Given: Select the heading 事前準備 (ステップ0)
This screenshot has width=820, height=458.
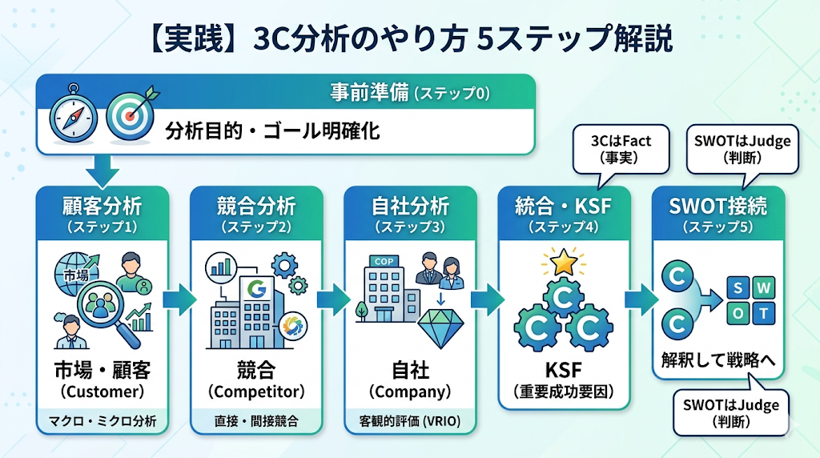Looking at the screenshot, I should pyautogui.click(x=409, y=93).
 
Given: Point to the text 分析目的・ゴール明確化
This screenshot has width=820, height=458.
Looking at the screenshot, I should pyautogui.click(x=272, y=131).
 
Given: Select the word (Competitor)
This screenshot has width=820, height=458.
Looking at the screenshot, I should pyautogui.click(x=256, y=392).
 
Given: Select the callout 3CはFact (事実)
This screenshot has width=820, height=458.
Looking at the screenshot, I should pyautogui.click(x=621, y=149).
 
